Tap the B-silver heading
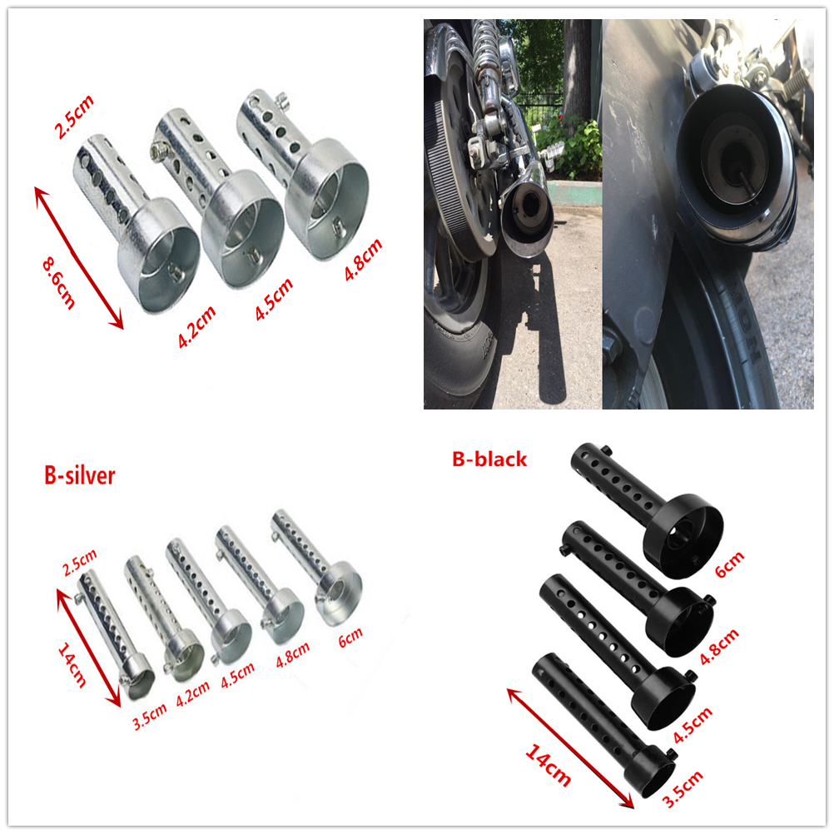(79, 475)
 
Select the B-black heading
(489, 459)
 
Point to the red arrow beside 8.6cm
(79, 258)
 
